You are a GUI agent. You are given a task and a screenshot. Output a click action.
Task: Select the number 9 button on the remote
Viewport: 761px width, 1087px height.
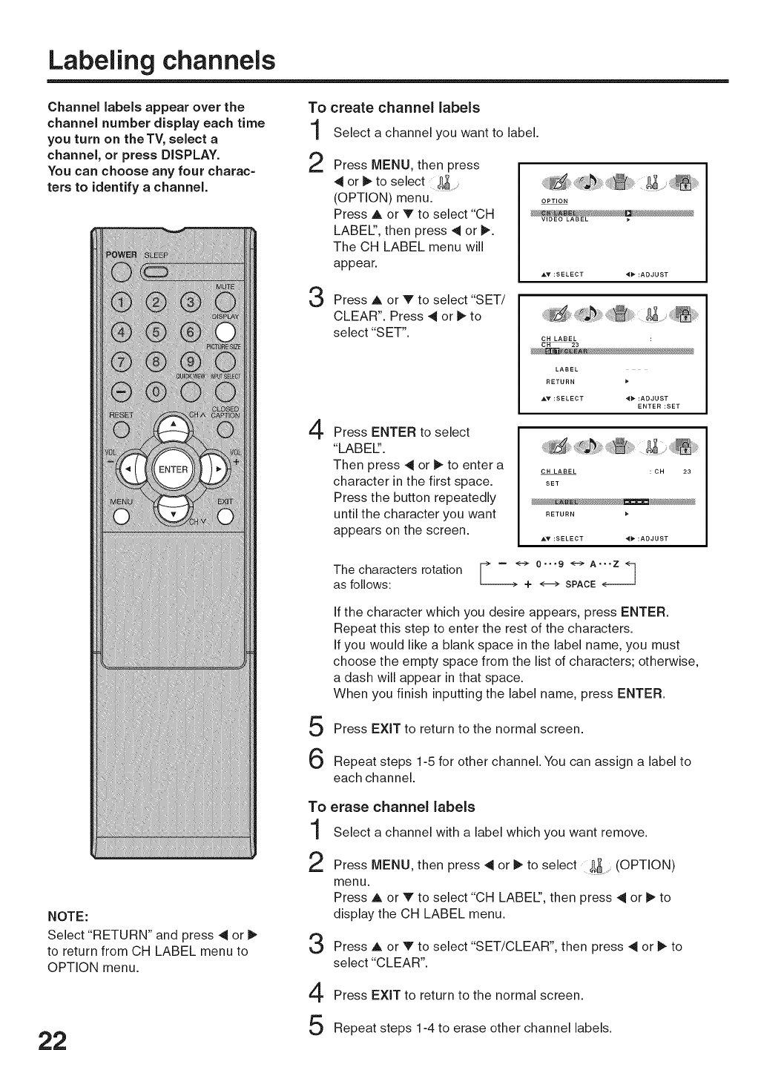[x=191, y=363]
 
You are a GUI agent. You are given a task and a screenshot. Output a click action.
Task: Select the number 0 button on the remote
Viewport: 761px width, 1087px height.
[x=156, y=392]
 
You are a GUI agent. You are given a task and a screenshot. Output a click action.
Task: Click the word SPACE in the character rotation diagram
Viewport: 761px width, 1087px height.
[x=580, y=584]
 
